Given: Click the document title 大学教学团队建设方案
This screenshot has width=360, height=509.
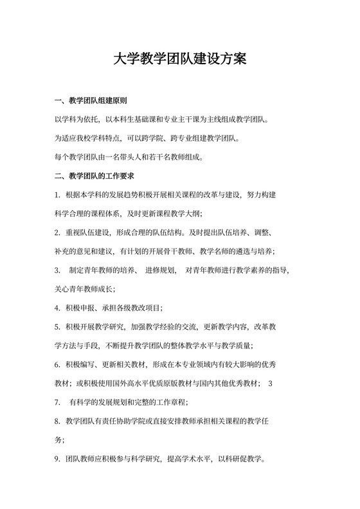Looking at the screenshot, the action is click(180, 60).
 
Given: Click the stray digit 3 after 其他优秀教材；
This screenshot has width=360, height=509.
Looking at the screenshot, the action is click(271, 384).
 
